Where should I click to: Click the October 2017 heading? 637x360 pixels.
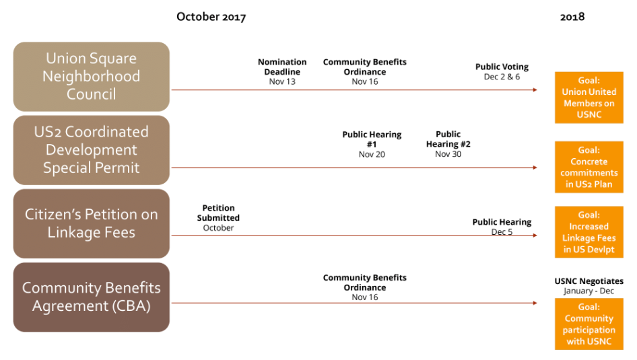pos(211,17)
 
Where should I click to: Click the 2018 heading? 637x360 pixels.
pos(572,17)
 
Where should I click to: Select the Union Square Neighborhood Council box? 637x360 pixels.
pos(92,77)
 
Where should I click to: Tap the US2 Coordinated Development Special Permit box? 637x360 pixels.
pos(92,150)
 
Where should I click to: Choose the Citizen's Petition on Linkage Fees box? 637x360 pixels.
pos(92,223)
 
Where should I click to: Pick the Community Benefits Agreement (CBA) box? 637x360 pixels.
pos(92,297)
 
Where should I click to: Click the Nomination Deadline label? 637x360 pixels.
pos(282,67)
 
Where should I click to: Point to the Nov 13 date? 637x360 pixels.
pos(282,81)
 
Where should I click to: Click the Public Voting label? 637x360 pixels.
pos(502,67)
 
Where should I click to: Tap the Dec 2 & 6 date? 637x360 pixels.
pos(502,77)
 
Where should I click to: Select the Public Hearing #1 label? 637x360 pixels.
pos(372,139)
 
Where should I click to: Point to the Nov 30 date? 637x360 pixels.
pos(448,154)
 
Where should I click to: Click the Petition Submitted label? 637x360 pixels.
pos(218,213)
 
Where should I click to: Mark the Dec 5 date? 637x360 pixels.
pos(502,231)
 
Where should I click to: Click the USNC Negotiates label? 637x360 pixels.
pos(589,281)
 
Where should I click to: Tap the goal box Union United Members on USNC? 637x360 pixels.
pos(589,98)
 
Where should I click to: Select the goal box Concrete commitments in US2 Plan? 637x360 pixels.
pos(589,168)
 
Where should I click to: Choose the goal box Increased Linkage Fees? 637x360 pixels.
pos(589,232)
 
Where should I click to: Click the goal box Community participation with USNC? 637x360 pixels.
pos(589,324)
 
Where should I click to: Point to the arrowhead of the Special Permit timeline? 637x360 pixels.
pos(535,168)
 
